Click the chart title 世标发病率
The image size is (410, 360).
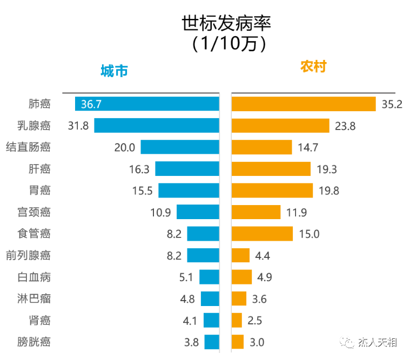226,23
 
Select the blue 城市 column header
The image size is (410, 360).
114,71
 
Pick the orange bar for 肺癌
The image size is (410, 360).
303,104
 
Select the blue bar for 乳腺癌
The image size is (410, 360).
157,125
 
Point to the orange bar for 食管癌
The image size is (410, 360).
262,234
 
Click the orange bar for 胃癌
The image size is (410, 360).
272,190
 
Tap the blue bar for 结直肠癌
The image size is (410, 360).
180,147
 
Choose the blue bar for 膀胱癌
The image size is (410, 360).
212,342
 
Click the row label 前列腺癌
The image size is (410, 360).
28,255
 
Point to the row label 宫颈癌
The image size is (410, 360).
34,212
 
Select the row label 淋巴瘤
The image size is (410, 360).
34,298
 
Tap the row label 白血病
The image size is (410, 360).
34,277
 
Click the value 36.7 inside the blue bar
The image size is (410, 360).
91,104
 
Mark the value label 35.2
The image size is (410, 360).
392,104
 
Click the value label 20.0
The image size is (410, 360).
124,147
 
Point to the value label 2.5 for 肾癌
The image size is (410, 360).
254,321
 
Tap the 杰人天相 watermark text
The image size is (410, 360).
378,343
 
